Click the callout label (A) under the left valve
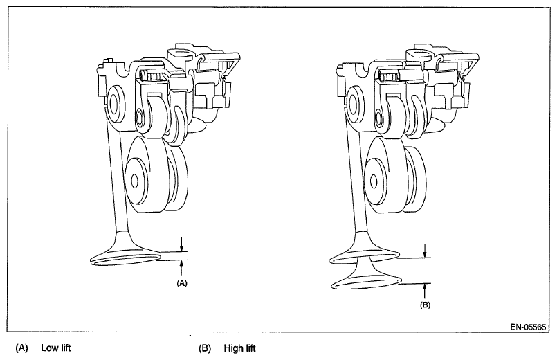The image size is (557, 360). click(x=182, y=282)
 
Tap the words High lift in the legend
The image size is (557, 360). click(x=240, y=348)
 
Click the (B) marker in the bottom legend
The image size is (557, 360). click(x=205, y=348)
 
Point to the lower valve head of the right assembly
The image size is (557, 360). click(x=367, y=281)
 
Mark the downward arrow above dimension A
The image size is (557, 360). click(x=181, y=243)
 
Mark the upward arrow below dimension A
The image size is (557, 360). click(x=181, y=267)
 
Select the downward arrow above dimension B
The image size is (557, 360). click(x=425, y=249)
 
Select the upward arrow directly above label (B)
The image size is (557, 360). click(x=425, y=289)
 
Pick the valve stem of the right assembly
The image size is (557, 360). click(x=356, y=187)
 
